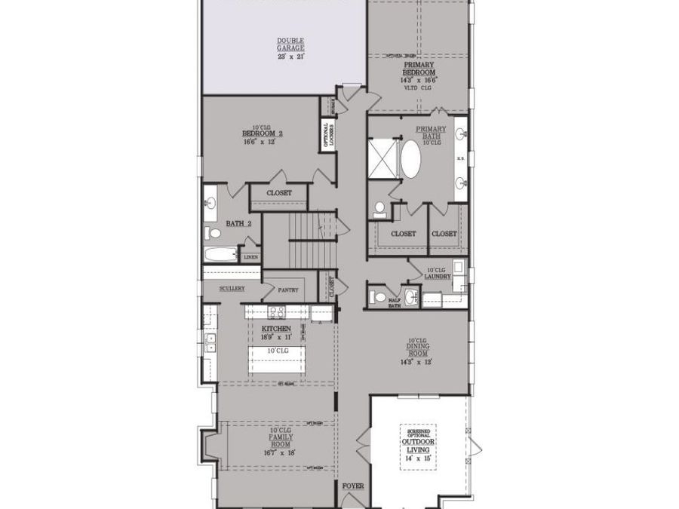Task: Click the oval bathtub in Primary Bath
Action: pos(411,158)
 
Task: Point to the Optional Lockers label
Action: pos(328,134)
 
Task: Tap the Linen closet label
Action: pos(250,257)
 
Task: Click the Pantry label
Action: pos(288,290)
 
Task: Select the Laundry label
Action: pos(438,274)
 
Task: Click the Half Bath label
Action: pos(374,302)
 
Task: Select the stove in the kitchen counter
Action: pos(275,312)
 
